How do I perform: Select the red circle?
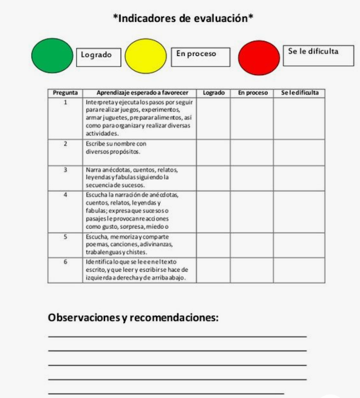pos(259,56)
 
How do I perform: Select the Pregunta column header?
pos(65,93)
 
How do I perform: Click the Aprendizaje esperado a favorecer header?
pos(140,93)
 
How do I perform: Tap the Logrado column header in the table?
pos(213,93)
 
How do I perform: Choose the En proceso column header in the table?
pos(253,93)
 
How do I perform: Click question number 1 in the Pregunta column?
pos(65,101)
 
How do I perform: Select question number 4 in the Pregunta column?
pos(65,195)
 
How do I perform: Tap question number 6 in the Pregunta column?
pos(65,262)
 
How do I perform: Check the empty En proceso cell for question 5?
pos(253,244)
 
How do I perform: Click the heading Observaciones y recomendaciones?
pos(133,318)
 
